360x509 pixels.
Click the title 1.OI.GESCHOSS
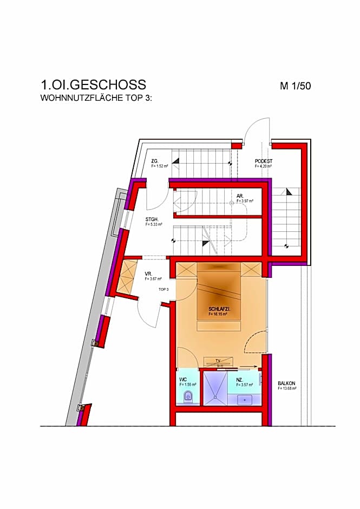(93, 85)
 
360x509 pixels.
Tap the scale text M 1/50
(295, 86)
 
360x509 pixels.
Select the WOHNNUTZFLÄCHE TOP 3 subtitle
(97, 99)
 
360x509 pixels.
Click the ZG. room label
(154, 161)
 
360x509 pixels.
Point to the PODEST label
(263, 161)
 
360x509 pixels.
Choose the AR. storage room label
(240, 195)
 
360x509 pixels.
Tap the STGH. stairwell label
(152, 219)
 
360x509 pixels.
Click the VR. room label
(148, 273)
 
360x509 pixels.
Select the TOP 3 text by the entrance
(163, 290)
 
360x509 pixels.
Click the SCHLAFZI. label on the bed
(219, 309)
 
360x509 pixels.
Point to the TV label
(218, 360)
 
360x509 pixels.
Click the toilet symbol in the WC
(188, 397)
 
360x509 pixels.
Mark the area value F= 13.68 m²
(287, 388)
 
